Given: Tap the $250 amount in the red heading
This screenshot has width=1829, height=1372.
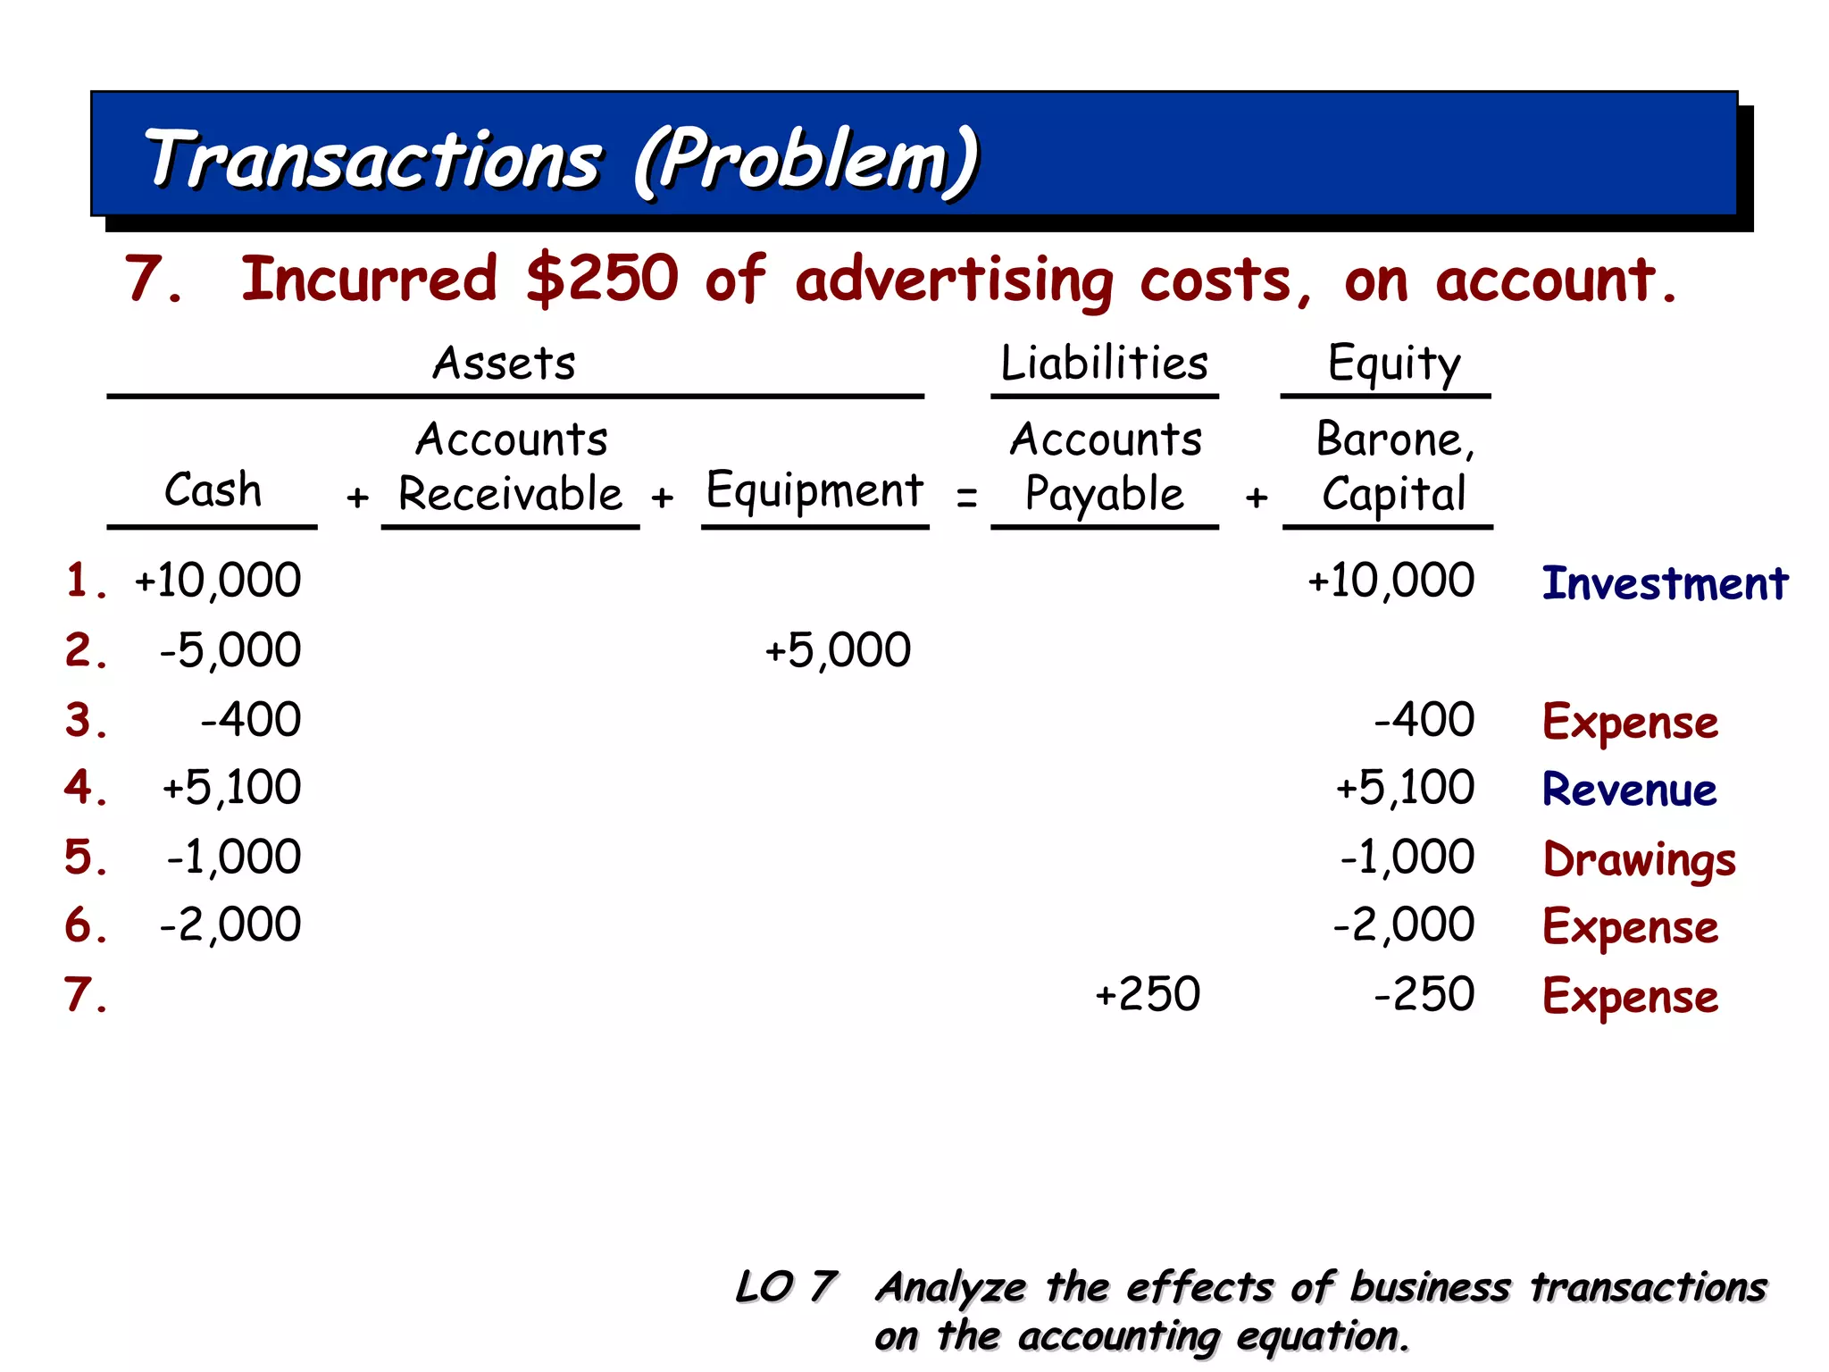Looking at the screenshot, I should [602, 279].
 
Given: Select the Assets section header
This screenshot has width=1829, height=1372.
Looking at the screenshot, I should [505, 364].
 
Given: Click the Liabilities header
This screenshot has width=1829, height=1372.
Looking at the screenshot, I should [1104, 364].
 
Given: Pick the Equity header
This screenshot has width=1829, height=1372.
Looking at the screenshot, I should [1393, 364].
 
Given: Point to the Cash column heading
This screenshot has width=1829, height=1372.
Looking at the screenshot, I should [213, 490].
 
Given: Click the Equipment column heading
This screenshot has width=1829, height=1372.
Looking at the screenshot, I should [814, 490].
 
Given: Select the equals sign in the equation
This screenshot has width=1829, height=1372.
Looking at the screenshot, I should [966, 497].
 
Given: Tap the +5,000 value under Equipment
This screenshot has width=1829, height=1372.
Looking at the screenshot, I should [838, 650].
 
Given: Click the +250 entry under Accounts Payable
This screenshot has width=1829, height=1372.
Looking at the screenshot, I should [1148, 994].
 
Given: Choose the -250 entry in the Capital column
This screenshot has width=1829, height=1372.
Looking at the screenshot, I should [1424, 994].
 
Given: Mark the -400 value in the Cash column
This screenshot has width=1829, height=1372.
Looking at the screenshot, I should [251, 720].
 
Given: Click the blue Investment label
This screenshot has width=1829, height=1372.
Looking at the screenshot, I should [1665, 583].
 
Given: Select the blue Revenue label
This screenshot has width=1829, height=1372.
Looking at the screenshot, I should [1629, 790].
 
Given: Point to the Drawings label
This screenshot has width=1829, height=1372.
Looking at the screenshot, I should [1640, 859].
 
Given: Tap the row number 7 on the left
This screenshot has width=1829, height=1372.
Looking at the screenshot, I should [84, 994].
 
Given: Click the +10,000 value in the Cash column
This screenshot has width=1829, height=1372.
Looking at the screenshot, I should [218, 581].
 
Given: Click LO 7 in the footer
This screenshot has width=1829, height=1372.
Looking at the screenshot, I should [786, 1287].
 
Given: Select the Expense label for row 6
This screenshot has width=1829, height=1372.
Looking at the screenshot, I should [1630, 927].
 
